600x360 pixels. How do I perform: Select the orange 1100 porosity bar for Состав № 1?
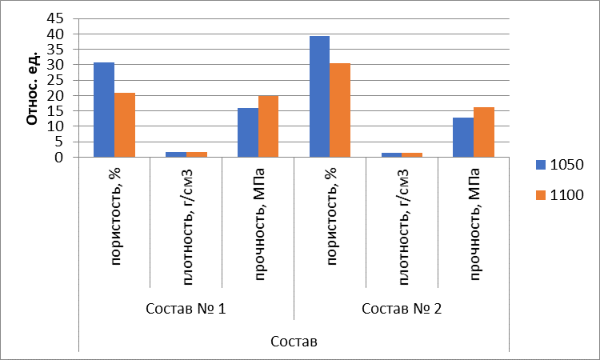coord(125,125)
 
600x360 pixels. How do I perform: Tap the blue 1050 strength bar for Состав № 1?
coord(248,132)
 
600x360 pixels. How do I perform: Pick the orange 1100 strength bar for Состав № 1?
coord(269,126)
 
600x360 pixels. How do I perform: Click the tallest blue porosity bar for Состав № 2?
coord(320,96)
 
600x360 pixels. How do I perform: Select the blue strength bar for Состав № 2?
coord(463,137)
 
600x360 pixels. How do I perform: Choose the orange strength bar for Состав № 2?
coord(484,132)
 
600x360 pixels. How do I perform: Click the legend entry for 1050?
coord(561,164)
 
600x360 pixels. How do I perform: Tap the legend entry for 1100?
coord(561,194)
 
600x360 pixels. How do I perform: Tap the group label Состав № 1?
coord(186,309)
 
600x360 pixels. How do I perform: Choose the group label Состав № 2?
coord(402,309)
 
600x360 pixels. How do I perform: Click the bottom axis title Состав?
coord(294,342)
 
